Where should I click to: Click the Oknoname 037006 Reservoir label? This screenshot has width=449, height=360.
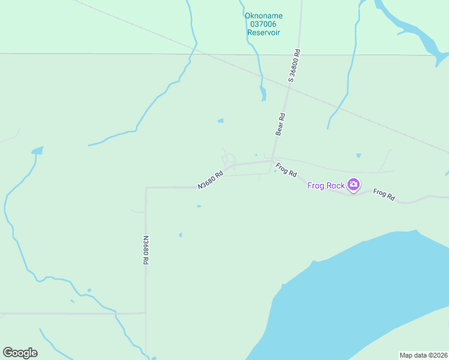click(264, 24)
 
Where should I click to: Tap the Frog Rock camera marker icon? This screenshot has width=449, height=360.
click(354, 185)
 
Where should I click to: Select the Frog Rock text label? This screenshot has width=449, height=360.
click(326, 185)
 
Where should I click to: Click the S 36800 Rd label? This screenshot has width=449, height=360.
click(294, 66)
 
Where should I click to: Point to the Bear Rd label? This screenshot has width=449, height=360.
click(280, 124)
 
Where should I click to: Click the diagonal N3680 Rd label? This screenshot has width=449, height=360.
click(211, 180)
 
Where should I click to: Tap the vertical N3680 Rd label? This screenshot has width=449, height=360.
click(145, 250)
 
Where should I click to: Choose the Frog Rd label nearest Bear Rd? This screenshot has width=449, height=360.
click(286, 170)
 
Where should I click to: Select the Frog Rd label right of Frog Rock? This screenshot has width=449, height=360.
click(384, 194)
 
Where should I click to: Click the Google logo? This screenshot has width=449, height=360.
click(20, 353)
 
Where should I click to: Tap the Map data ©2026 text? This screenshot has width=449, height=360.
click(423, 355)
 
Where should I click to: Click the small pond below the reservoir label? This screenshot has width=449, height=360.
click(263, 93)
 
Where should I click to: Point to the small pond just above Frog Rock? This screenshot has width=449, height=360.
click(358, 155)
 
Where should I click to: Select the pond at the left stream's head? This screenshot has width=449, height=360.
click(37, 150)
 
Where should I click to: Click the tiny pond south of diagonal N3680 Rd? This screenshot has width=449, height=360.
click(199, 206)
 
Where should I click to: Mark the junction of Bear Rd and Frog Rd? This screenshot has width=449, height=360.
click(273, 160)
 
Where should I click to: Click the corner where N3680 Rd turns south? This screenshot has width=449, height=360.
click(146, 187)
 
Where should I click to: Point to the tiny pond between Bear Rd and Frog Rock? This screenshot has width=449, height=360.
click(275, 171)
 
